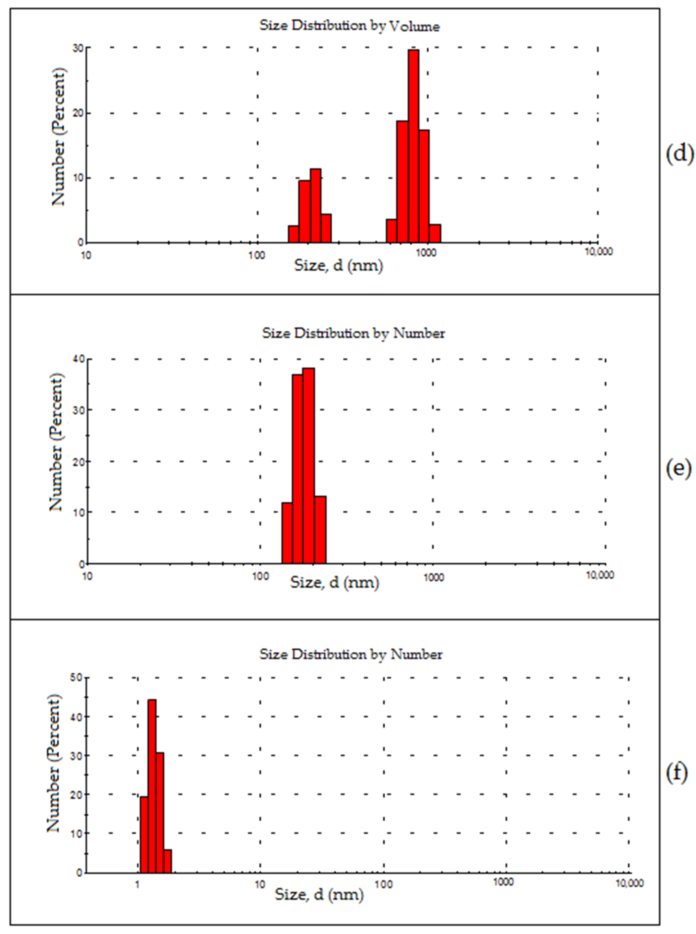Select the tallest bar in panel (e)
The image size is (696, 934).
308,465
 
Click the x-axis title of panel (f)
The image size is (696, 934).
319,894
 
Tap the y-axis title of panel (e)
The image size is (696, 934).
56,442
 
